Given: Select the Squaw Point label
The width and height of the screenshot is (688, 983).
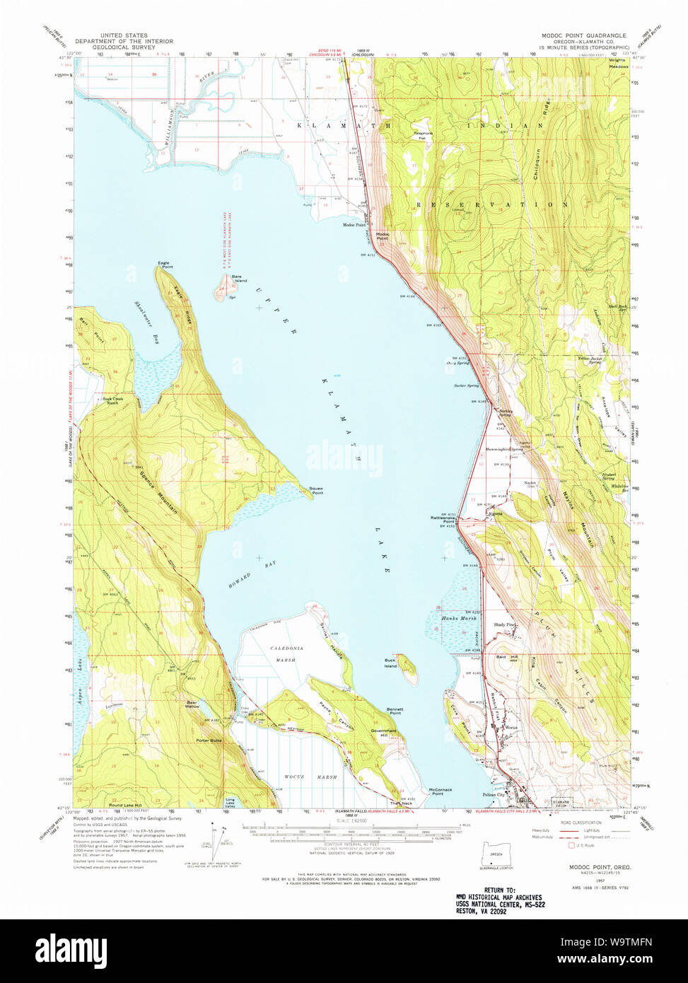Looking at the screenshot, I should (x=316, y=490).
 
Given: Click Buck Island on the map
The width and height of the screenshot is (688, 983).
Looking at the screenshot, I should (x=407, y=669).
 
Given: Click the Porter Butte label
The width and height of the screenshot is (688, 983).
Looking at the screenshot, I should (x=209, y=740).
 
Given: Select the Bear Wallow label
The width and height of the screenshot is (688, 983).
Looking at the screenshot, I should (x=192, y=704).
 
